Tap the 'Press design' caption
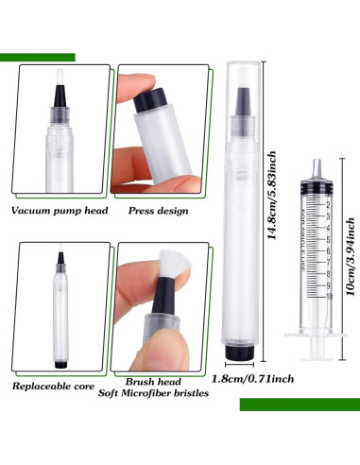(158, 210)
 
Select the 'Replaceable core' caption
(54, 387)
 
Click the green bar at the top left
(38, 58)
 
